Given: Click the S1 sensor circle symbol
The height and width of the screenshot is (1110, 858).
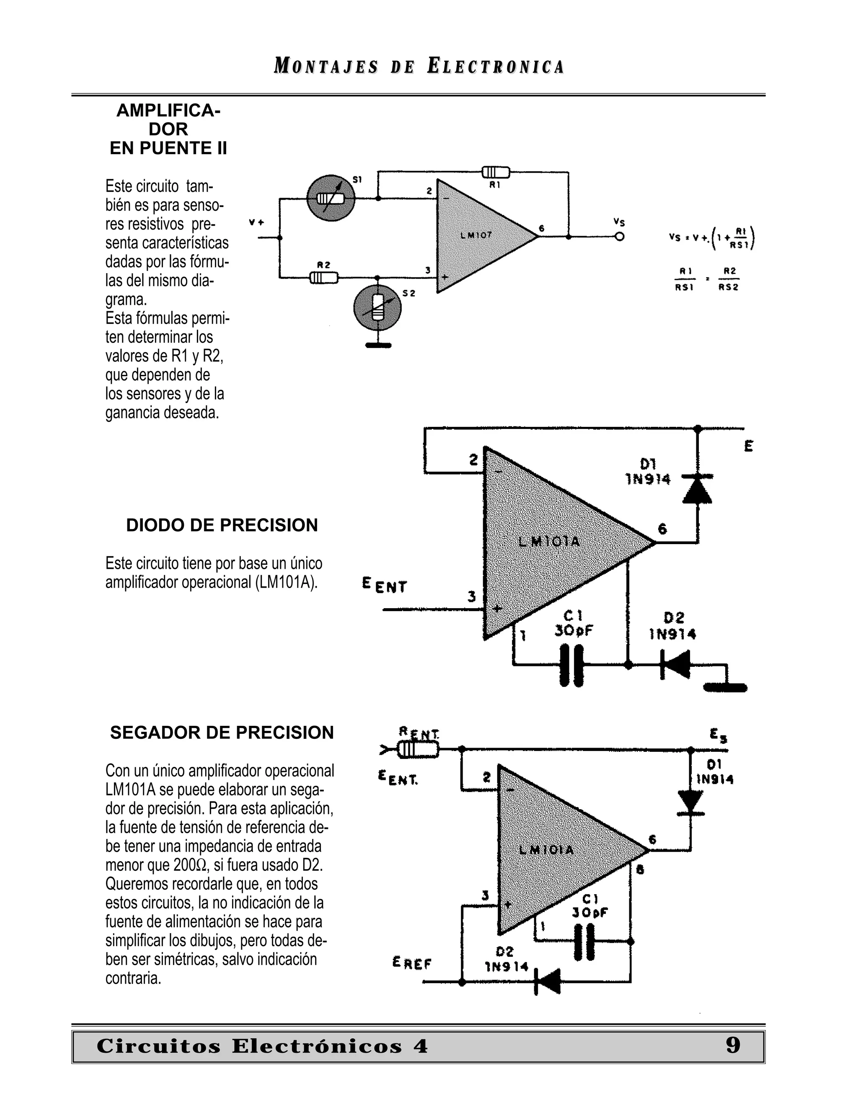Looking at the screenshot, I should pos(331,198).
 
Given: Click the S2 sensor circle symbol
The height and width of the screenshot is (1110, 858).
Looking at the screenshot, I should pos(377,308).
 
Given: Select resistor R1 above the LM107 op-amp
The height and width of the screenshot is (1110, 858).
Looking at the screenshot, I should pos(496,172).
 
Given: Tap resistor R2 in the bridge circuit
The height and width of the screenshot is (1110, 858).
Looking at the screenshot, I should pos(324,277).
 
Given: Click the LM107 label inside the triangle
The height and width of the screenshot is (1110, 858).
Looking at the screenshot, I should pos(476,235).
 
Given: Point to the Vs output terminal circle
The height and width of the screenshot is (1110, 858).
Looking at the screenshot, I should pos(619,237).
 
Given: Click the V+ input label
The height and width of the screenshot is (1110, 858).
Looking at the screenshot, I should pos(257,222).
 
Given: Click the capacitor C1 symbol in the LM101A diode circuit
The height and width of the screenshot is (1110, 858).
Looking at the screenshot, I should pos(571,665).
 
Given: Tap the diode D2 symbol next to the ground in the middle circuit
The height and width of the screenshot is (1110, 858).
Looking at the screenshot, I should pos(676,664).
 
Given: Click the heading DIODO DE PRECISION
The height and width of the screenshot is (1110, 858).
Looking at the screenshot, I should pos(222,525).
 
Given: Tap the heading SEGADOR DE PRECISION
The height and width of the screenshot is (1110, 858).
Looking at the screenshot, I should pos(222,732).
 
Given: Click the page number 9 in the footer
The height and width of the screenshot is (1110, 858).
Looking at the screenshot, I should pos(732,1045).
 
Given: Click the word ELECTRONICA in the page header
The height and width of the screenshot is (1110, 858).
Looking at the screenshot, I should pos(496,67).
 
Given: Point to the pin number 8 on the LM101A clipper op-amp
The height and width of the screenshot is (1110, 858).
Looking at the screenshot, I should pos(640,870).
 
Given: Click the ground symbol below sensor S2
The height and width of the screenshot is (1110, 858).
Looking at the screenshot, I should pos(378,346).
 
